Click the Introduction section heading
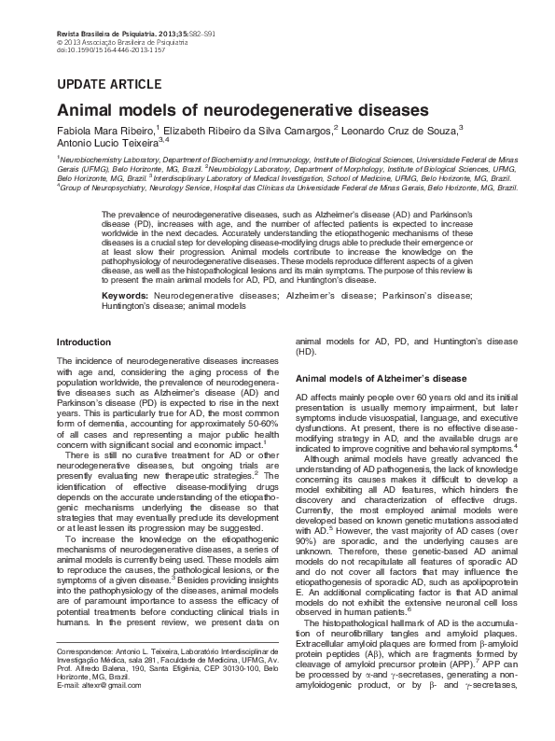click(x=84, y=343)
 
